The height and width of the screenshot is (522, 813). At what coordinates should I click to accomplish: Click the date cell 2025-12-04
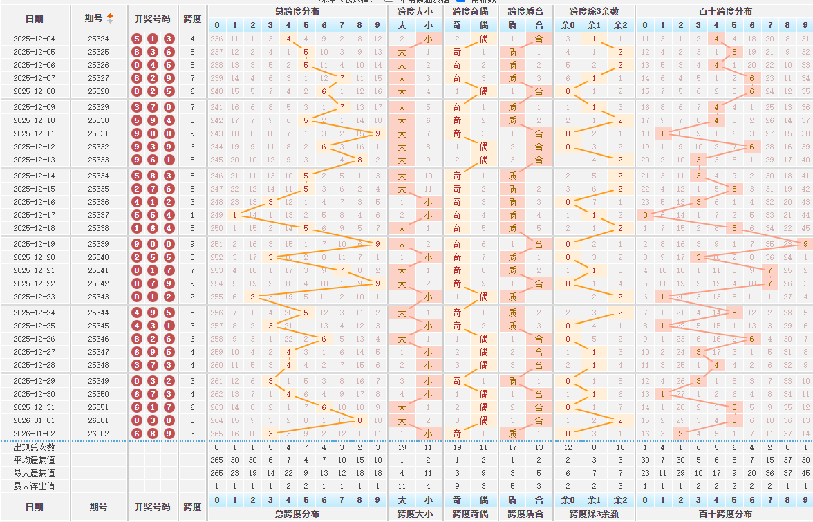[34, 39]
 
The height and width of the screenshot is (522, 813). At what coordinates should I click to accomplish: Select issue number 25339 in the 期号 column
[98, 244]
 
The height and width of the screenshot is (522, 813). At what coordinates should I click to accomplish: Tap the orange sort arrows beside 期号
[111, 18]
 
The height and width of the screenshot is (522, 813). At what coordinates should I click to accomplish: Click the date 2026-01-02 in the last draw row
[34, 434]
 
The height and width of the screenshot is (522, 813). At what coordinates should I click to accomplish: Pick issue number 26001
[98, 420]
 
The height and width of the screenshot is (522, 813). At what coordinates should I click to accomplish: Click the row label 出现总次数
[34, 447]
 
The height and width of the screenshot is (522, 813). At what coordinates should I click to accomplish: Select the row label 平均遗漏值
[34, 460]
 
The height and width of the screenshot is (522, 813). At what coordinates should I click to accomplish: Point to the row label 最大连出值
[34, 487]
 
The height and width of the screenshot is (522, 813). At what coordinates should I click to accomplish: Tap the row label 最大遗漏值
[34, 474]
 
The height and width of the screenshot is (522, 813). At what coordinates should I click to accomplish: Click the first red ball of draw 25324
[137, 39]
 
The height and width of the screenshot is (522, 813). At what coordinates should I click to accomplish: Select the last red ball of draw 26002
[168, 434]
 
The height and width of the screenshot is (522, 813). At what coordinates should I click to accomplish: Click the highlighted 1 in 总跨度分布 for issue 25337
[235, 215]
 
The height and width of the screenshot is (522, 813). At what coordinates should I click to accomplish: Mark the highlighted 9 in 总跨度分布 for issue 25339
[377, 244]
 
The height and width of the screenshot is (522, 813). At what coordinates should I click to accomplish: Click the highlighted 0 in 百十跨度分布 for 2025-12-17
[645, 215]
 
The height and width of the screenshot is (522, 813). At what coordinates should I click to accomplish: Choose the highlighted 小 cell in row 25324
[429, 39]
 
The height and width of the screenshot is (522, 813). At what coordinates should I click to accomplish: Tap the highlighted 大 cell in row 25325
[402, 53]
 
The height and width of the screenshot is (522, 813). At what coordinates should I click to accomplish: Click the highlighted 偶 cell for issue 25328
[484, 91]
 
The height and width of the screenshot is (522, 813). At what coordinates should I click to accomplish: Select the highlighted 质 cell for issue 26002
[512, 434]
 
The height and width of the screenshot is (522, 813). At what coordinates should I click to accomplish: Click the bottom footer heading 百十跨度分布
[725, 514]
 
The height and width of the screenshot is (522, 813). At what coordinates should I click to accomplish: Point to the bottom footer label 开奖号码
[152, 506]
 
